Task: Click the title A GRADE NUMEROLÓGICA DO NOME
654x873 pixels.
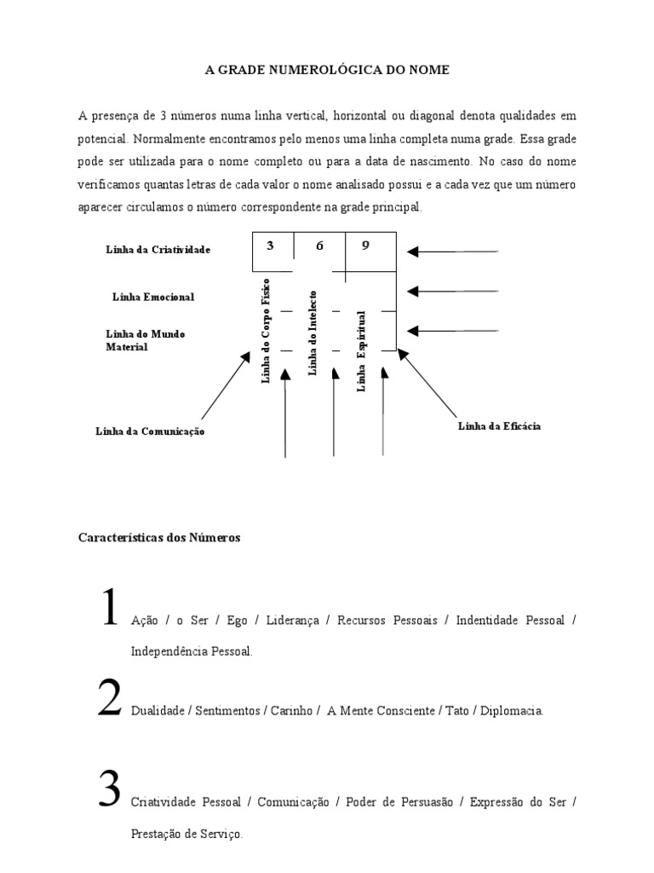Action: [x=327, y=70]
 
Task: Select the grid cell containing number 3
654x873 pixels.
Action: [x=271, y=246]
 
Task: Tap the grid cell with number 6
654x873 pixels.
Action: [x=319, y=246]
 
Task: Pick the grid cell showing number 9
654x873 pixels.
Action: [x=367, y=246]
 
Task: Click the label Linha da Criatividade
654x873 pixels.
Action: [x=158, y=250]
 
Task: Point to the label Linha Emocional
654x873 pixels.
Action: [x=153, y=297]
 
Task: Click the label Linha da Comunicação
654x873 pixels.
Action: [x=151, y=431]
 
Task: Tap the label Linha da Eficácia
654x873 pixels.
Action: [x=499, y=425]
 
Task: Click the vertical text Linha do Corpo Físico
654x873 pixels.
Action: [x=266, y=330]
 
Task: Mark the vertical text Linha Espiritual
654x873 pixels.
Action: [x=361, y=350]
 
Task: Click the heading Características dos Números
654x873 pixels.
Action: [x=160, y=538]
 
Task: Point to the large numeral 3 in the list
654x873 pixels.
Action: [x=109, y=789]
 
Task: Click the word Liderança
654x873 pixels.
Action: [x=294, y=621]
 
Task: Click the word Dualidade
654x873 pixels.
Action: [x=157, y=710]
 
